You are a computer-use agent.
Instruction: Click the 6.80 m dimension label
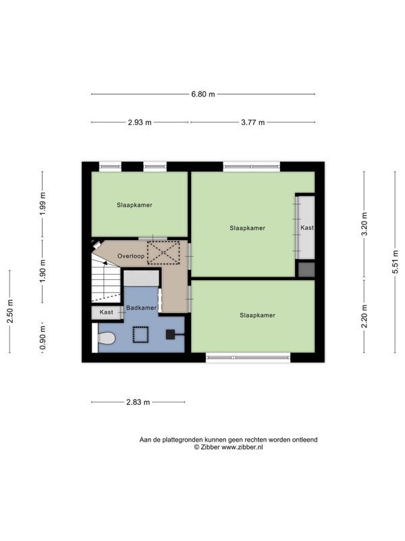coord(203,94)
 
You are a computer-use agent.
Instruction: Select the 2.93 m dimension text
coord(140,122)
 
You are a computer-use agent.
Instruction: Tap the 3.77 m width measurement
coord(252,122)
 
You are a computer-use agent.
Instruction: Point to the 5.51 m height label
coord(395,262)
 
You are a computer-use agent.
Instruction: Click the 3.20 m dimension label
coord(364,224)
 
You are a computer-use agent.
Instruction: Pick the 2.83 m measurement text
coord(138,402)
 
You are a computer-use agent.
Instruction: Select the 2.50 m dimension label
coord(10,311)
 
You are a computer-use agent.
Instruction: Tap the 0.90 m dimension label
coord(43,337)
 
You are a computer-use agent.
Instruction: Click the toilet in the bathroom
coord(106,337)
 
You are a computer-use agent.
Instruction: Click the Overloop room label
coord(131,256)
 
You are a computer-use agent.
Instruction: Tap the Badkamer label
coord(141,308)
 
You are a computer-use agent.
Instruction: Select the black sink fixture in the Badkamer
coord(171,334)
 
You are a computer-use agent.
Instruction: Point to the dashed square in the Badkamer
coord(140,335)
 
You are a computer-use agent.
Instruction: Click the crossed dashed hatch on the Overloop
coord(163,253)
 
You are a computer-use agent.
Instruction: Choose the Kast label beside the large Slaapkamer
coord(307,228)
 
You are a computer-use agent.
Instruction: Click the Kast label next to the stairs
coord(106,312)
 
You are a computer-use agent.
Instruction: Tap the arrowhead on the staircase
coord(105,263)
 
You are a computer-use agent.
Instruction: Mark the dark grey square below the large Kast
coord(306,269)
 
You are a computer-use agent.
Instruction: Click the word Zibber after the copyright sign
coord(210,447)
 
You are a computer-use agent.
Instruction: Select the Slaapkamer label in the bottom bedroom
coord(258,315)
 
